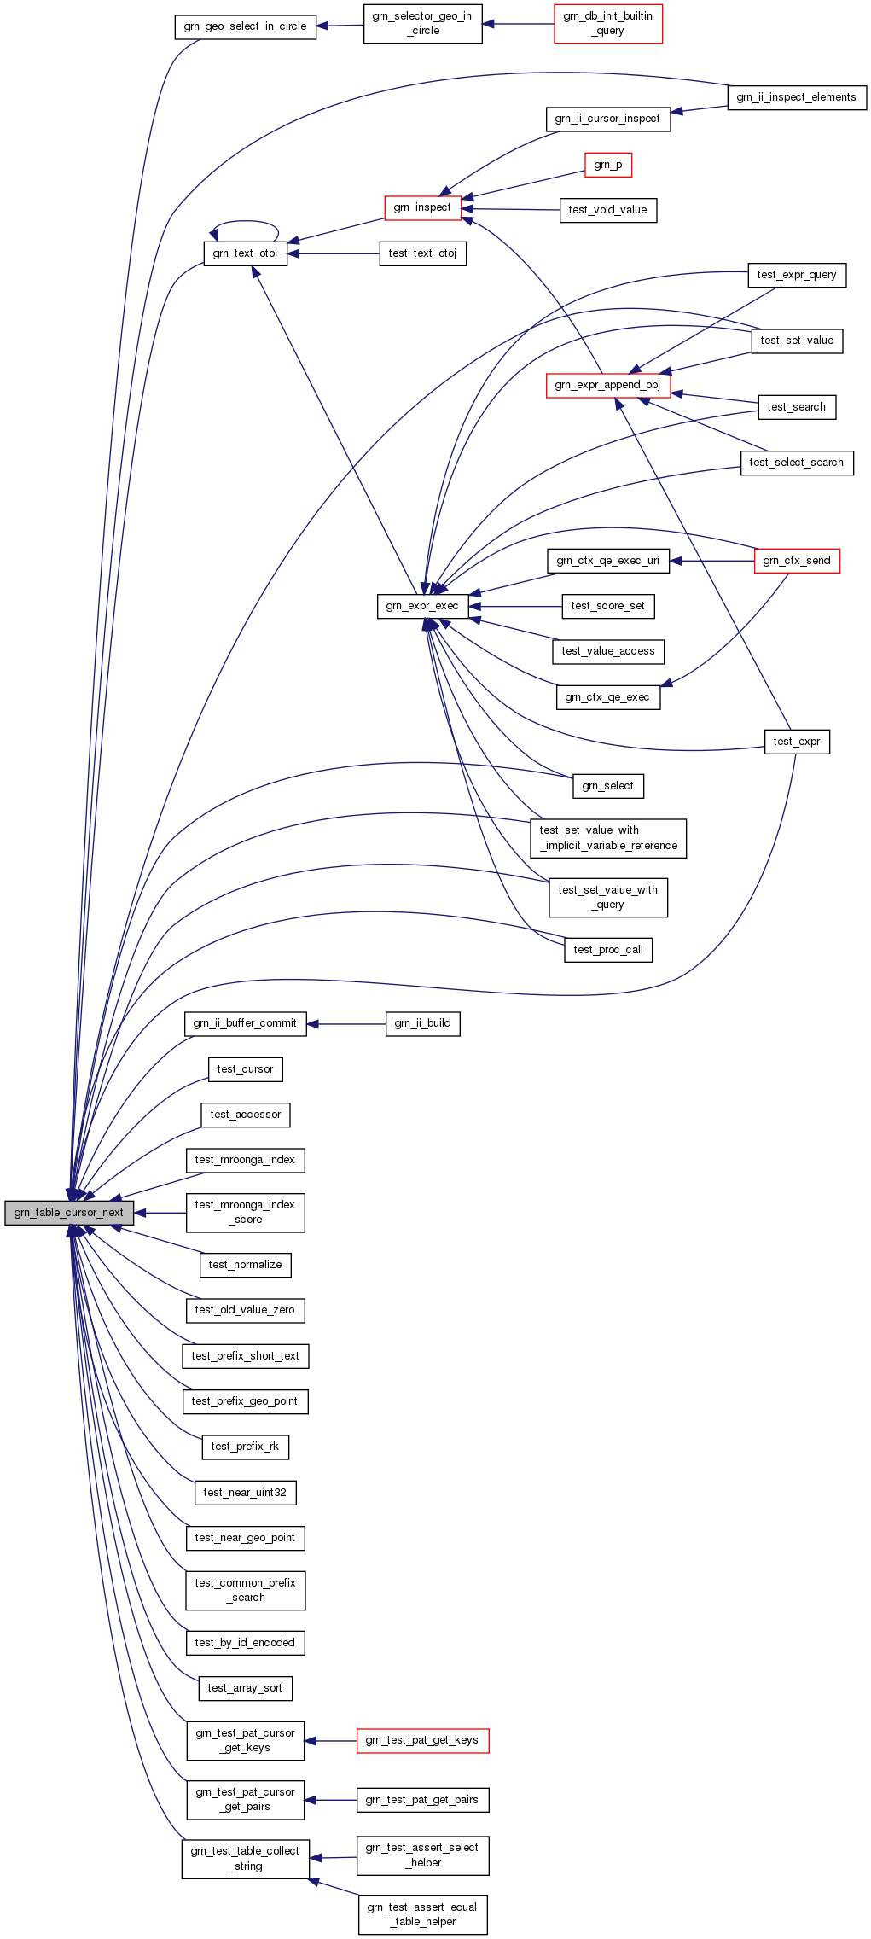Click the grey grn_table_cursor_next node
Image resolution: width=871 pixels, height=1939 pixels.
pyautogui.click(x=69, y=1213)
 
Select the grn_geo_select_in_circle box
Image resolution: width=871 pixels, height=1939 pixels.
pyautogui.click(x=245, y=26)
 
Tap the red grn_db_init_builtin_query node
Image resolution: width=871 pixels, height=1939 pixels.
pyautogui.click(x=607, y=24)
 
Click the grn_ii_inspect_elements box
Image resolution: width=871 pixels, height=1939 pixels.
pyautogui.click(x=796, y=97)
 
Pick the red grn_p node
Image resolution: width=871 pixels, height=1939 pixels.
pyautogui.click(x=607, y=165)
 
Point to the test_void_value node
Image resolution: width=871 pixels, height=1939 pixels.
pyautogui.click(x=607, y=210)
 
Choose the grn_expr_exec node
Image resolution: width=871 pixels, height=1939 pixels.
pyautogui.click(x=422, y=607)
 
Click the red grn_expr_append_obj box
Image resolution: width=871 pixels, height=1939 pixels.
pyautogui.click(x=607, y=385)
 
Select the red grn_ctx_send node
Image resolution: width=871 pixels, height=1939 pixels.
pyautogui.click(x=797, y=561)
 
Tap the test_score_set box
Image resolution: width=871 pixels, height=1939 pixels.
pyautogui.click(x=607, y=606)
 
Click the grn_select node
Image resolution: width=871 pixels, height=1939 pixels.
pyautogui.click(x=607, y=786)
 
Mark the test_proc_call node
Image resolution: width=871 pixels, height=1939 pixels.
pyautogui.click(x=607, y=950)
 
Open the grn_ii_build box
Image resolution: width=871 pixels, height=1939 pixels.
pyautogui.click(x=422, y=1023)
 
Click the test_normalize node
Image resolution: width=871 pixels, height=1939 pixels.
pyautogui.click(x=245, y=1265)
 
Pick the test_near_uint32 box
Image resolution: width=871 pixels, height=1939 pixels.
pyautogui.click(x=245, y=1493)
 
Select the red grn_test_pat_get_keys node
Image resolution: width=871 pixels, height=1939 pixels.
pyautogui.click(x=422, y=1740)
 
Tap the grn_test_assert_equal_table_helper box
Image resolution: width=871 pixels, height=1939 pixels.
pyautogui.click(x=422, y=1914)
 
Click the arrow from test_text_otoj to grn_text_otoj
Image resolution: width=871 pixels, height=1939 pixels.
pyautogui.click(x=334, y=253)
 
